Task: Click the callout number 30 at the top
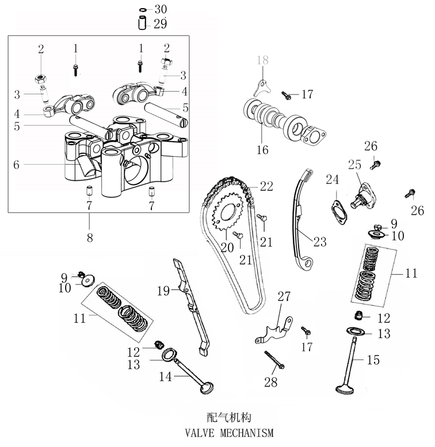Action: point(161,9)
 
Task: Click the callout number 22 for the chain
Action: point(266,186)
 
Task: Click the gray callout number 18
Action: point(262,60)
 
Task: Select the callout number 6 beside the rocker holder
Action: point(17,164)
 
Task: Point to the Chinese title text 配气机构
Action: point(228,416)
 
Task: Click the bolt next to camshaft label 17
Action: point(286,93)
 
